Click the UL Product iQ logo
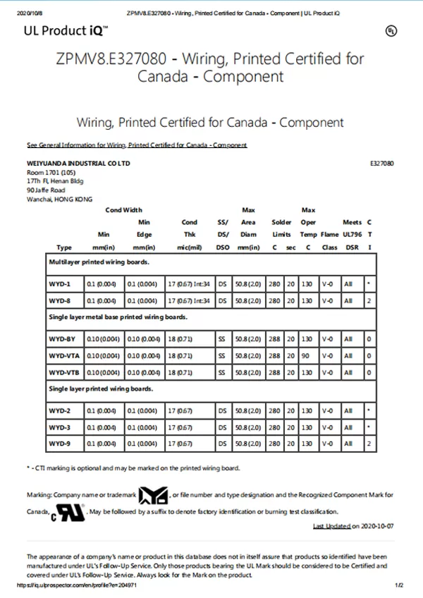(x=66, y=30)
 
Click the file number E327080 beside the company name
(x=381, y=163)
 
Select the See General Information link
(x=137, y=145)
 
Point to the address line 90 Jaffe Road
(x=46, y=190)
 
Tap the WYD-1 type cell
(x=60, y=283)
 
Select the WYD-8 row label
(x=60, y=300)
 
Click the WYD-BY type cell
(x=61, y=338)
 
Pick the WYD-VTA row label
(x=63, y=355)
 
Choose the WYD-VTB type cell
(x=63, y=372)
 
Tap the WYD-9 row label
(x=60, y=444)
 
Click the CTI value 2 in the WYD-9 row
(x=369, y=444)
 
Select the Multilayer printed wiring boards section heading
(x=98, y=262)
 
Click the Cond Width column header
(x=123, y=209)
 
